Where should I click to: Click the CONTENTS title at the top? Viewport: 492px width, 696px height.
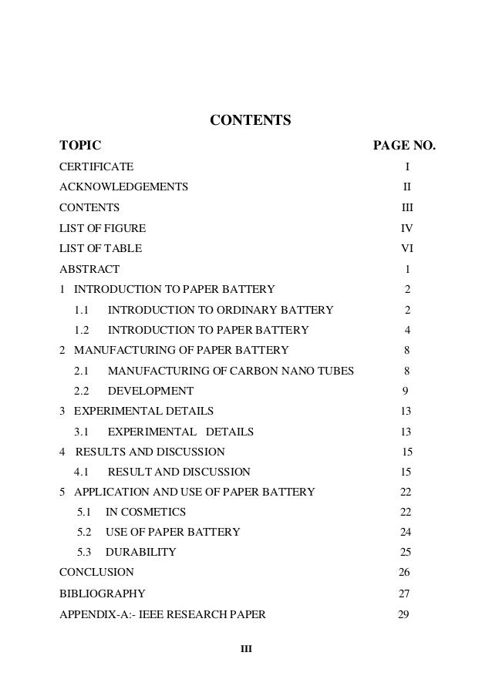pos(251,120)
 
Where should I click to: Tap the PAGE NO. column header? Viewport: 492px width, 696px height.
pos(404,145)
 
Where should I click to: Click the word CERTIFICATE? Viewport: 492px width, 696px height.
pos(96,166)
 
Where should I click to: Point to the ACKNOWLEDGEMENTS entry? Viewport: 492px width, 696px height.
pos(123,187)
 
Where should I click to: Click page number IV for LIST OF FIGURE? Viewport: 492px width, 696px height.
pos(406,228)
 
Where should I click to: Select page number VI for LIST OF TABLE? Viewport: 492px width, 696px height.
pos(406,249)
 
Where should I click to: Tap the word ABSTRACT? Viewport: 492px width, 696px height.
pos(89,270)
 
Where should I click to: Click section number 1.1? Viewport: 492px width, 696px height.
pos(82,311)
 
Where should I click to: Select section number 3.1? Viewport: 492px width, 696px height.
pos(82,432)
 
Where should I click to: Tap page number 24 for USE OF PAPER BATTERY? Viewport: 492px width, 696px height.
pos(405,532)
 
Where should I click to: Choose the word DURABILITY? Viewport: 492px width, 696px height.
pos(141,552)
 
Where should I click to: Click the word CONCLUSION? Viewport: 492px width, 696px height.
pos(96,573)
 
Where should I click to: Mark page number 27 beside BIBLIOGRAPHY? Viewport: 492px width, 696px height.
pos(403,594)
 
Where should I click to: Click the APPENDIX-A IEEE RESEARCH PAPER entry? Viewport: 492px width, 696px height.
pos(163,615)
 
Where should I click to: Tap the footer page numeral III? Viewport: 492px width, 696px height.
pos(246,648)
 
